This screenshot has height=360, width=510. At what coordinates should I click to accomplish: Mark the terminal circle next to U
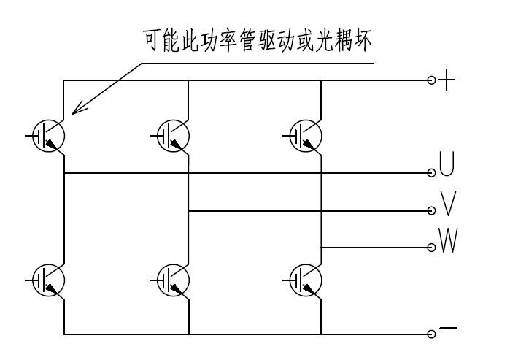[432, 173]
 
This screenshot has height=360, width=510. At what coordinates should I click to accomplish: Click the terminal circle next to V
[432, 211]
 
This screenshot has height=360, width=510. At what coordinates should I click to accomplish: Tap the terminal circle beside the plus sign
[432, 81]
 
